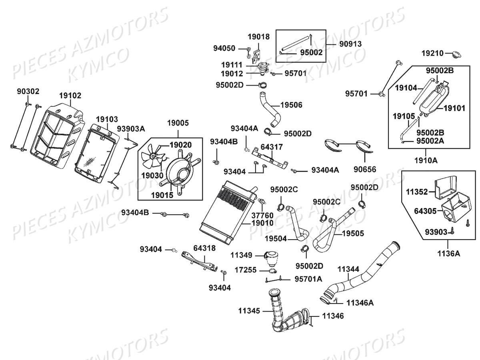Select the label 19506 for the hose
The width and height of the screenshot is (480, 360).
coord(291,105)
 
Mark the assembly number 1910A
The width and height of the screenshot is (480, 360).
coord(426,160)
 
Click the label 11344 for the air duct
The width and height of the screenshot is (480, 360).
coord(348,269)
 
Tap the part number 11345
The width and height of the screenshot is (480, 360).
coord(250,310)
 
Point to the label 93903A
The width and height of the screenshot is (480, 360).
coord(131,128)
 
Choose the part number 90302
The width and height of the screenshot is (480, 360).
coord(28,91)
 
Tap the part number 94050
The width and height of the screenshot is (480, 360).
coord(224,49)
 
